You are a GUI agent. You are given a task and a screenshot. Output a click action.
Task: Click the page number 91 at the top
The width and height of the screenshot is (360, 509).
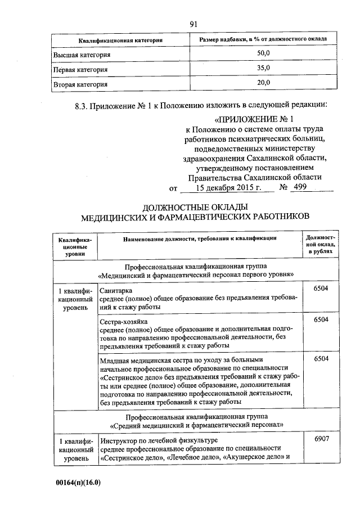tap(195, 24)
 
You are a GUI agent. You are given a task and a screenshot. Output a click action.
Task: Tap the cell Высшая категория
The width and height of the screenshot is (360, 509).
tap(82, 55)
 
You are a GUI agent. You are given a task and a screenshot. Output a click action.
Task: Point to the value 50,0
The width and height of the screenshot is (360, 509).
tap(264, 55)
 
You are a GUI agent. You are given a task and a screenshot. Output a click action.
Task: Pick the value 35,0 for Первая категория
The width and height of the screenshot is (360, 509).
tap(264, 69)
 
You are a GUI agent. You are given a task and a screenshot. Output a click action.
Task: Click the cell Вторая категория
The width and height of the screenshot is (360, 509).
tap(80, 84)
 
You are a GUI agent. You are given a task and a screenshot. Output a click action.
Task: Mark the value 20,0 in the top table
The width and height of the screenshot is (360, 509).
tap(264, 83)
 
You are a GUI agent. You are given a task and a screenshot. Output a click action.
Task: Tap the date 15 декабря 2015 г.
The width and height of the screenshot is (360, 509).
tap(232, 188)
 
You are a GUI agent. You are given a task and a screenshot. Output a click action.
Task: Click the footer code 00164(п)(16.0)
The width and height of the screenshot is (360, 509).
tap(82, 483)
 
